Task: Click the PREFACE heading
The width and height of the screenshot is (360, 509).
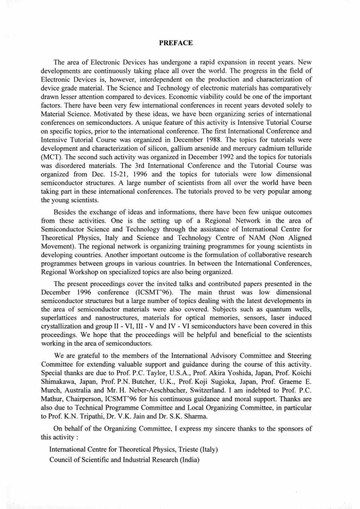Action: (180, 42)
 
